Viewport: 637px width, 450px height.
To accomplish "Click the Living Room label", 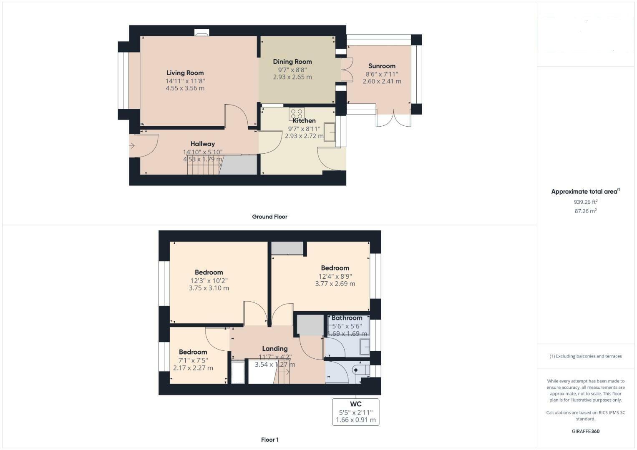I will click(185, 73).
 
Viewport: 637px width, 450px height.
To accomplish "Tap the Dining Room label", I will click(292, 62).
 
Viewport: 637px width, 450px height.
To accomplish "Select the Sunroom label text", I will click(382, 66).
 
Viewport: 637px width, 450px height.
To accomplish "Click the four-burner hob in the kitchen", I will click(297, 114).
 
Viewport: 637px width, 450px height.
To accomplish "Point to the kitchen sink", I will click(330, 132).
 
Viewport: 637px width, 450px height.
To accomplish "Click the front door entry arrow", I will click(132, 146).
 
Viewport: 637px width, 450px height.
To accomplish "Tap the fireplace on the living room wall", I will click(202, 32).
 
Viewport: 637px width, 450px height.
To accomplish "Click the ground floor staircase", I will click(204, 165).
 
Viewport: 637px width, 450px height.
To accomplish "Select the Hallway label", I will click(203, 144).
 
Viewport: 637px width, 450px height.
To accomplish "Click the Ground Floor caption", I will click(269, 217).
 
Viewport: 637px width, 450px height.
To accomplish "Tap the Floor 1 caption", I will click(269, 440).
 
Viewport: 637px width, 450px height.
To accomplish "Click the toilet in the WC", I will click(359, 370).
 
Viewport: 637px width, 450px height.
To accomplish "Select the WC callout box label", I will click(355, 404).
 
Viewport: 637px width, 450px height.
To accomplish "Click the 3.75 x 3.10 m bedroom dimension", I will click(209, 288).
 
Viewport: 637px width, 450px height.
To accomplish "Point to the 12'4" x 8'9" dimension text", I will click(335, 276).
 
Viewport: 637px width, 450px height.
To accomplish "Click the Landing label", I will click(274, 348).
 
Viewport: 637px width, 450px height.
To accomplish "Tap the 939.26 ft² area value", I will click(586, 202).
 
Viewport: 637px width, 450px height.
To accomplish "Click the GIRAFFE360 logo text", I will click(586, 431).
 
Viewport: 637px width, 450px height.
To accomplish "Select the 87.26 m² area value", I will click(586, 211).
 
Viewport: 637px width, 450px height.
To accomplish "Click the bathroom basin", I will click(365, 347).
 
